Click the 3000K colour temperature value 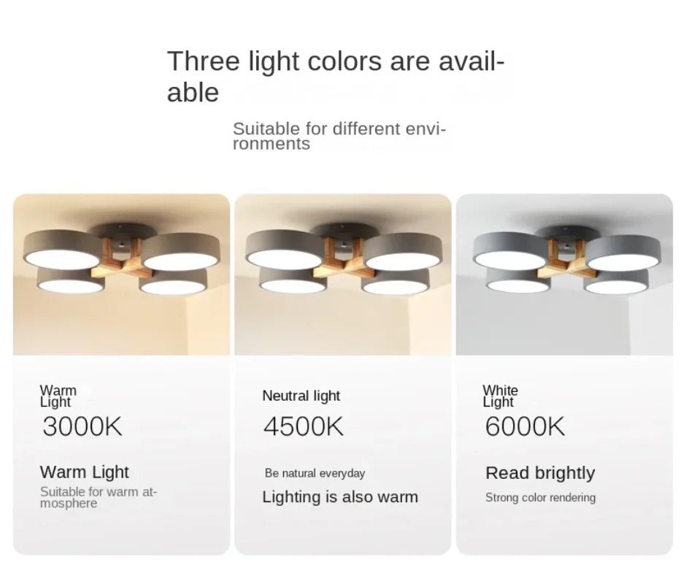point(82,426)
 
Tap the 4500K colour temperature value point(304,426)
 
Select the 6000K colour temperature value point(525,426)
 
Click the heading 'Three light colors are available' point(336,76)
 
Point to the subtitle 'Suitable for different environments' point(339,136)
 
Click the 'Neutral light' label point(301,396)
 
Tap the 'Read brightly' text point(540,473)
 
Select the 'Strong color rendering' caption point(540,498)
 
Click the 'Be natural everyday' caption point(315,473)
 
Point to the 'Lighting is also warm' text point(340,497)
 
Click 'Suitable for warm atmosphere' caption point(99,497)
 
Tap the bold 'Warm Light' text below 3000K point(85,472)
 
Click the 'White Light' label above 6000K point(500,396)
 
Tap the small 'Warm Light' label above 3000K point(58,396)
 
